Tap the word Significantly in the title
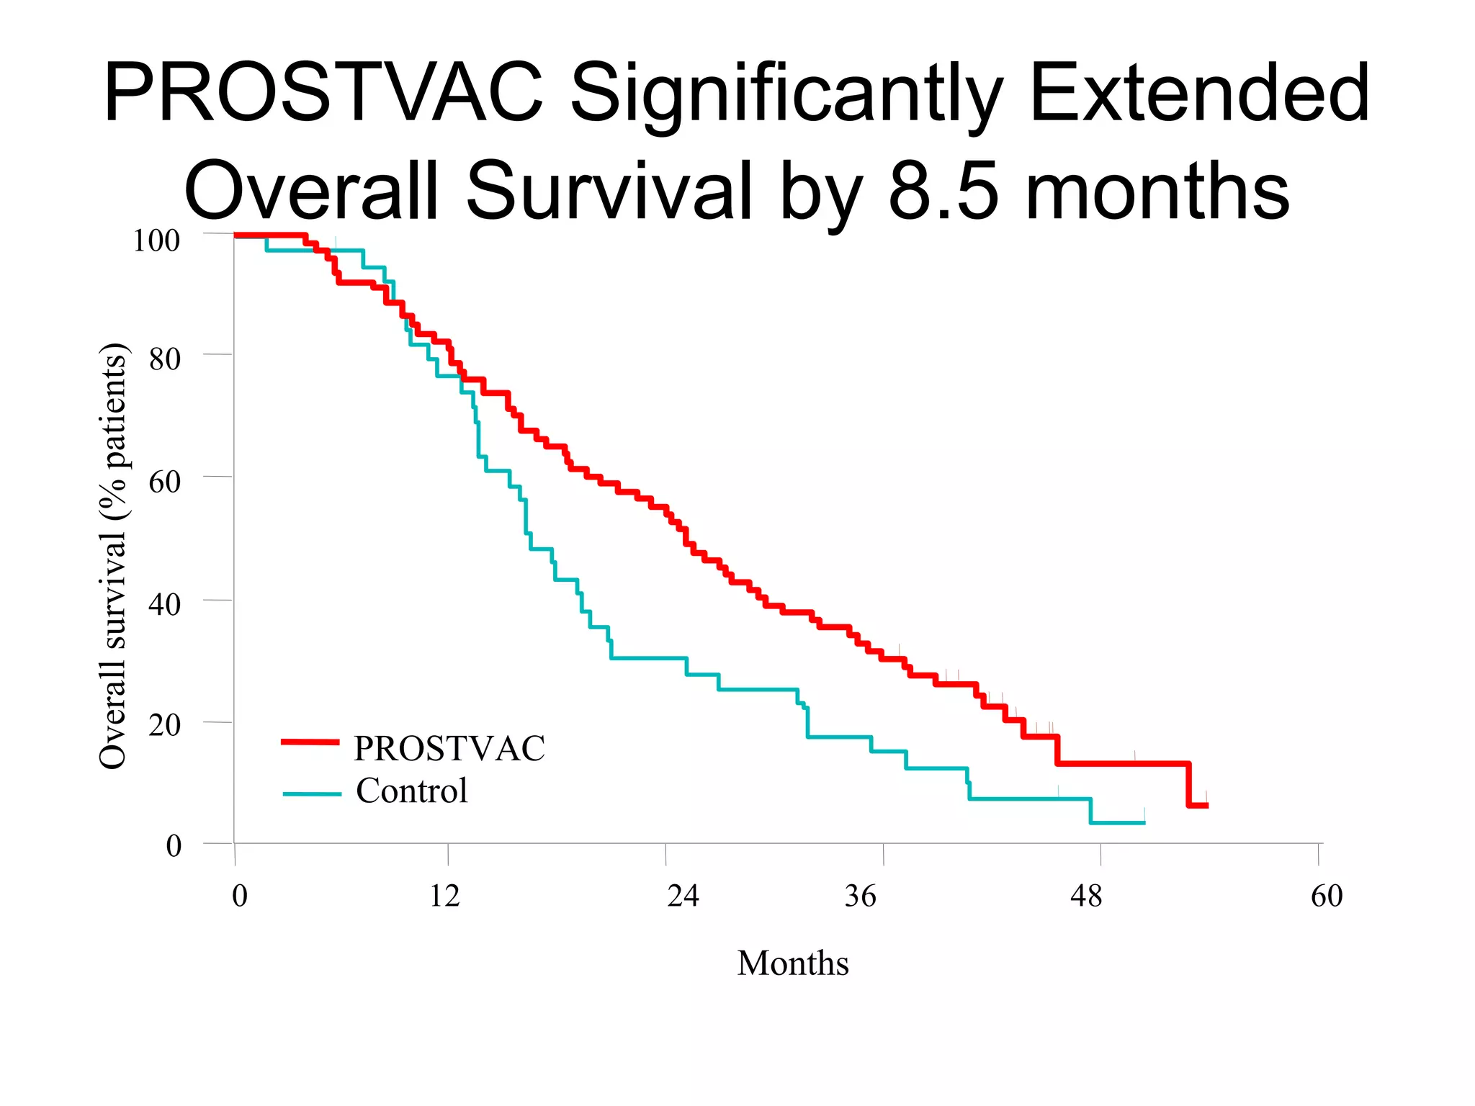(x=786, y=97)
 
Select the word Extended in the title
(x=1199, y=94)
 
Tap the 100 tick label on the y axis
(x=156, y=240)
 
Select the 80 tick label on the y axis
(x=165, y=359)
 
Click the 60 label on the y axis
(x=165, y=481)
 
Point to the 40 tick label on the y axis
(x=165, y=603)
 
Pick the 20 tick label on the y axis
(x=165, y=725)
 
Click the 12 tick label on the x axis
(x=445, y=896)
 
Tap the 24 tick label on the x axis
(x=683, y=896)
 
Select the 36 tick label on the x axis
(x=861, y=896)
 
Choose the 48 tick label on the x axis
(x=1086, y=896)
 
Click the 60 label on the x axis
(x=1327, y=896)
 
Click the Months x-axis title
(x=793, y=963)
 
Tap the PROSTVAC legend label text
(x=449, y=748)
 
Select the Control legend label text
(x=412, y=791)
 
